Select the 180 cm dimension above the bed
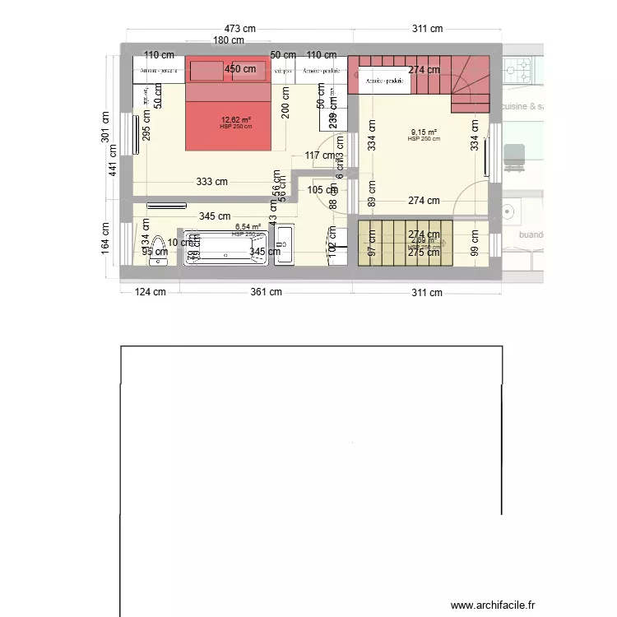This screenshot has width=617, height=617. click(x=229, y=40)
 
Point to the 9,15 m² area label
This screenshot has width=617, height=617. click(x=424, y=132)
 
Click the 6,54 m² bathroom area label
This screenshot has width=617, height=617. click(x=248, y=227)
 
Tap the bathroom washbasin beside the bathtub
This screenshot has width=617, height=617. click(x=285, y=244)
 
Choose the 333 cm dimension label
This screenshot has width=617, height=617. click(x=211, y=183)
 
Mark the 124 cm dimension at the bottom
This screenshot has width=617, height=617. click(x=149, y=292)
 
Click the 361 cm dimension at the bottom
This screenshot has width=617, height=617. click(x=266, y=292)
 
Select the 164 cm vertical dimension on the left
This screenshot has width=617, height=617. click(x=105, y=237)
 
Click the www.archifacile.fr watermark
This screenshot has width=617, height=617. click(x=498, y=603)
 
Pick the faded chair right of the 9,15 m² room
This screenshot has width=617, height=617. click(x=514, y=156)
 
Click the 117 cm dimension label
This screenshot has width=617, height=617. click(x=319, y=155)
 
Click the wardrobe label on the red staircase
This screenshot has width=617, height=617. click(x=384, y=81)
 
